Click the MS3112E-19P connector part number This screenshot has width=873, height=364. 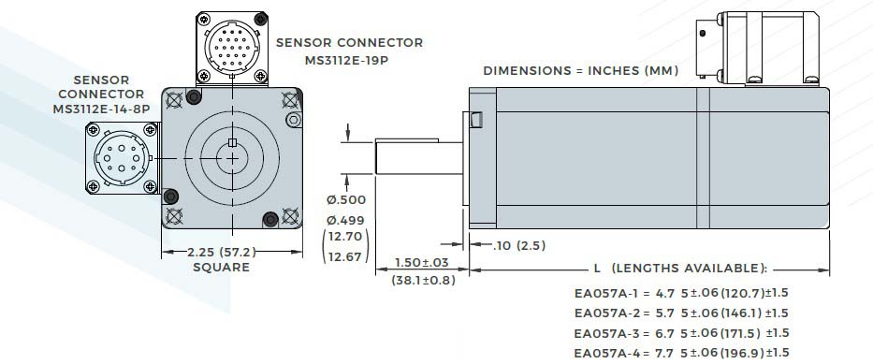346,60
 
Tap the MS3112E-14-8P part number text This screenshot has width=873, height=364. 101,109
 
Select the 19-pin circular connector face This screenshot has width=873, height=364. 232,49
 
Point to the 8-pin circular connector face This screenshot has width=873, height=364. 122,159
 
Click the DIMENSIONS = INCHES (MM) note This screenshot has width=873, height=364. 581,71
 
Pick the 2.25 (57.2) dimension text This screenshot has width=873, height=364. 222,252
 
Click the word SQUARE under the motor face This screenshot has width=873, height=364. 221,268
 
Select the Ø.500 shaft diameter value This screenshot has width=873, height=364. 347,200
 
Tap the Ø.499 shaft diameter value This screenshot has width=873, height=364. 347,219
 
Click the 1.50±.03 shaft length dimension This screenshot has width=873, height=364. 421,262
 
